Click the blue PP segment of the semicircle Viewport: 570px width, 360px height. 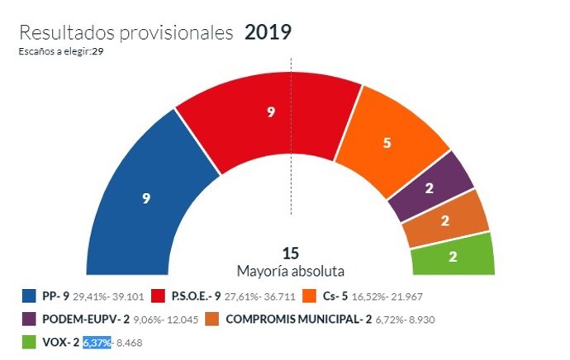[149, 198]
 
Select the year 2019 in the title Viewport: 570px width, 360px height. [268, 32]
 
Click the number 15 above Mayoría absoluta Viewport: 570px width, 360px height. [290, 253]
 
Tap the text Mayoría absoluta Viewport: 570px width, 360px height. [290, 271]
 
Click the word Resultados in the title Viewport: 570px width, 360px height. [68, 33]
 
